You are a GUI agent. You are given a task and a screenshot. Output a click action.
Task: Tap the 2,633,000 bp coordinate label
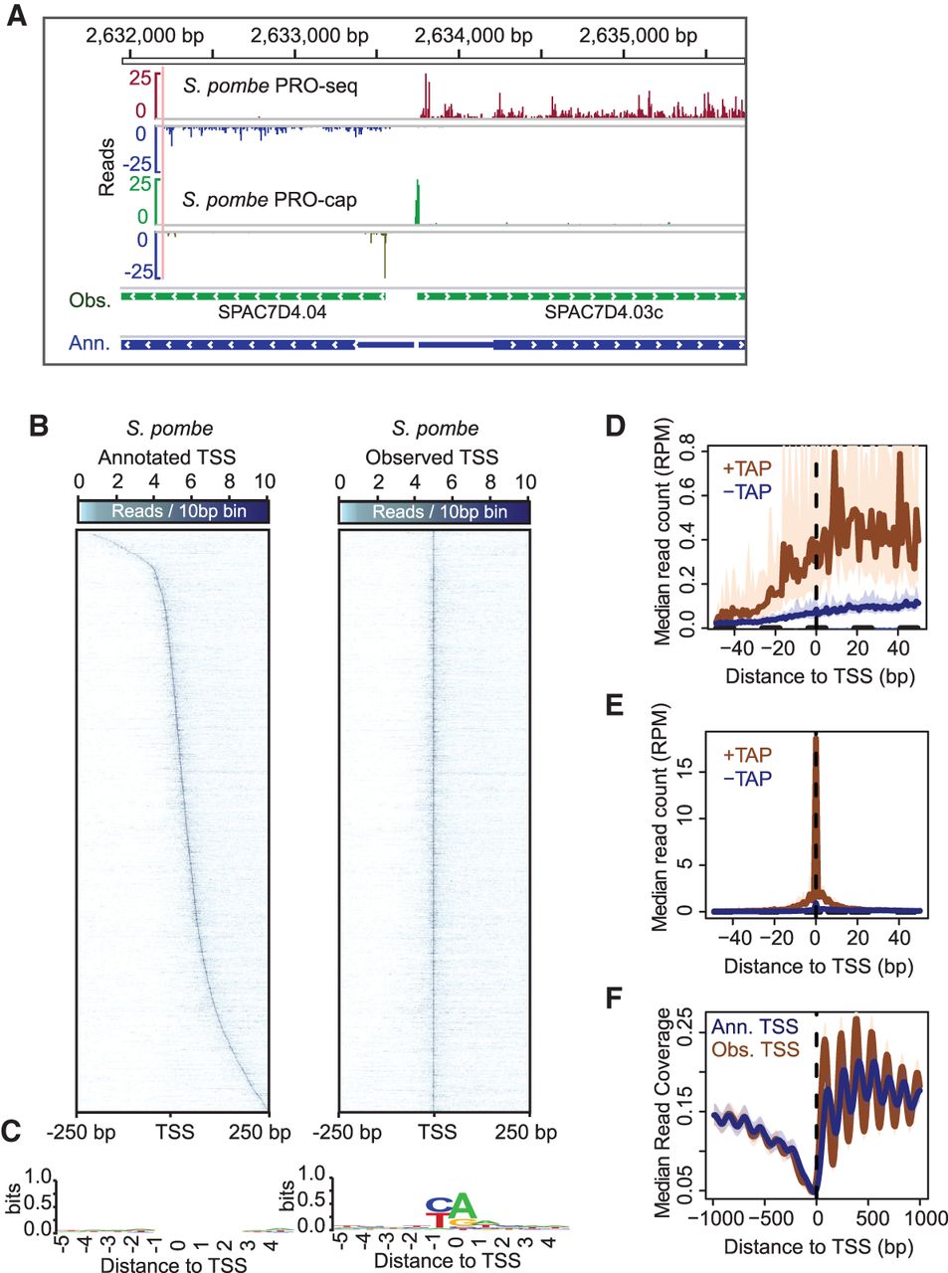309,36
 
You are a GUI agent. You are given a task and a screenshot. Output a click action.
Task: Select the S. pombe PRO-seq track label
271,86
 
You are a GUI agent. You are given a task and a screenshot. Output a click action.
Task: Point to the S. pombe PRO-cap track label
270,200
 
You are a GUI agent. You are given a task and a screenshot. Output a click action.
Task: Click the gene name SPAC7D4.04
272,312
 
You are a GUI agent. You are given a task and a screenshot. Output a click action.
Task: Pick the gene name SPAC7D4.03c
604,312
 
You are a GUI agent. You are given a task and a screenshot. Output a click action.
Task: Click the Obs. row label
90,299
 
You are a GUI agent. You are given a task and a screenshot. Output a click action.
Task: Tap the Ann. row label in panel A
90,343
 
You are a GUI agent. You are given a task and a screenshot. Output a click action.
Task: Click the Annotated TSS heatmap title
167,457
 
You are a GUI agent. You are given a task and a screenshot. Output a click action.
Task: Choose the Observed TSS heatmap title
432,457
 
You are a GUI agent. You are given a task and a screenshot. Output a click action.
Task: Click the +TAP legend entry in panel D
746,468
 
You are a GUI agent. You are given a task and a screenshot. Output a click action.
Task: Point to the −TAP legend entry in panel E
747,779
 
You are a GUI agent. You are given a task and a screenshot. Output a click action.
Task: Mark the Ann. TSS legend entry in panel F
754,1027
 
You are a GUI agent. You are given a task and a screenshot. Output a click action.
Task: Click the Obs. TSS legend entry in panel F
754,1049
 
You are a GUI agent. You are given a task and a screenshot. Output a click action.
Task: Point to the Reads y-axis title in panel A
106,166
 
